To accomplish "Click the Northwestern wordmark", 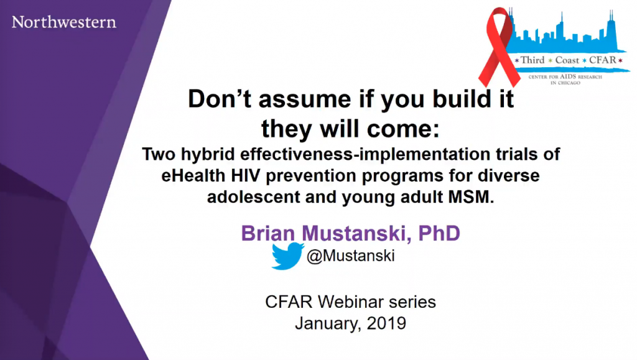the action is [x=64, y=22].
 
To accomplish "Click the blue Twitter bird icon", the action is [x=287, y=256].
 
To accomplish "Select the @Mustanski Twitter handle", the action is [x=351, y=256].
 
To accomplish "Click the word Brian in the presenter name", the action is [x=267, y=233].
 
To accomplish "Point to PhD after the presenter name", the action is [x=439, y=233].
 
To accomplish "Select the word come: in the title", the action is [x=403, y=129].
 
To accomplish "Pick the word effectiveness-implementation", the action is [x=365, y=154].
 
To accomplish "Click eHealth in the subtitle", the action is [x=193, y=176].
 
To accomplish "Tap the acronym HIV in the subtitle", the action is [x=246, y=176].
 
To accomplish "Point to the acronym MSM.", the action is [x=471, y=197].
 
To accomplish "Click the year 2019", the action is [x=386, y=323].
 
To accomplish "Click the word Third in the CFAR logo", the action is [x=532, y=60].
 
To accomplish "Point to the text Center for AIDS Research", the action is [x=565, y=76].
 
